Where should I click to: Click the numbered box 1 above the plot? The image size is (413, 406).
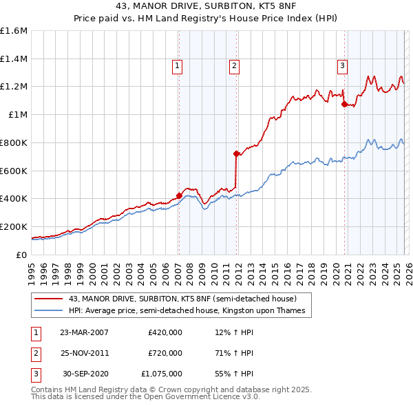[x=177, y=66]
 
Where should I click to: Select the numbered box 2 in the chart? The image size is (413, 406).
[x=234, y=66]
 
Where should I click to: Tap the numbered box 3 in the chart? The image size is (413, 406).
[x=342, y=66]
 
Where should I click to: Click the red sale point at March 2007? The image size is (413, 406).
[x=179, y=195]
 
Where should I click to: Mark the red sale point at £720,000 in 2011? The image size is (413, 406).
[x=236, y=153]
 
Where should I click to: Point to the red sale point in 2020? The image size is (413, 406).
[x=344, y=104]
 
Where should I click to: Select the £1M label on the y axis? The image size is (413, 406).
[x=17, y=115]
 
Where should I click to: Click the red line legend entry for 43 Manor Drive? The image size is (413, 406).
[x=182, y=299]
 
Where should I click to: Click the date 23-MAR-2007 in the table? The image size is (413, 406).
[x=84, y=333]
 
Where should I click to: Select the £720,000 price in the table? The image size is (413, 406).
[x=165, y=353]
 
